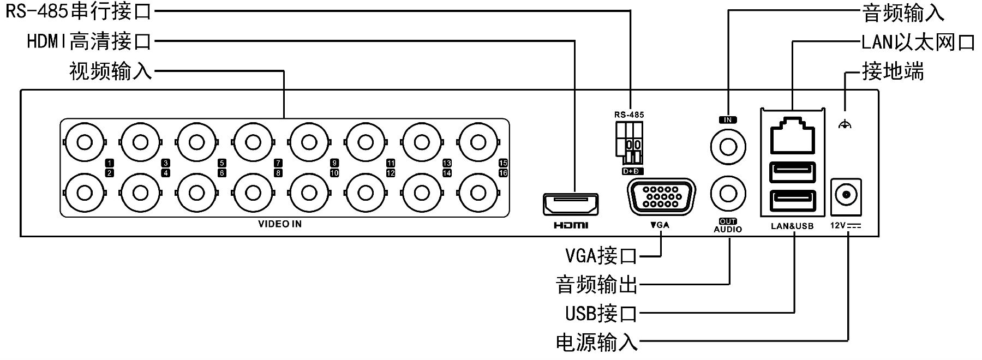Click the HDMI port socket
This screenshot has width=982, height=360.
[x=571, y=205]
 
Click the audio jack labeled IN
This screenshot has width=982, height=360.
[x=728, y=146]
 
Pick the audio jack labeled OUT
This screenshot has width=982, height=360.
[x=728, y=193]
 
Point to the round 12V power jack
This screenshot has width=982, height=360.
[x=846, y=194]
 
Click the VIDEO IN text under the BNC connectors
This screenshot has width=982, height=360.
[x=280, y=224]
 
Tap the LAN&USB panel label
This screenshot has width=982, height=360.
[x=792, y=226]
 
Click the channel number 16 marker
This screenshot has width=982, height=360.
[x=503, y=173]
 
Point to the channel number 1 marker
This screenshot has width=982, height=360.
[x=110, y=163]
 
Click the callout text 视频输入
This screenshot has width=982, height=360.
[x=111, y=71]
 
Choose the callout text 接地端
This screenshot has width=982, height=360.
[x=893, y=71]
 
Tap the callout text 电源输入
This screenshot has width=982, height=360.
[x=596, y=343]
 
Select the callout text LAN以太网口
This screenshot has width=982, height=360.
[x=918, y=42]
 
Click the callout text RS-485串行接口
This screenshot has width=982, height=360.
[x=79, y=11]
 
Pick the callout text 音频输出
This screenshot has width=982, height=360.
[x=596, y=284]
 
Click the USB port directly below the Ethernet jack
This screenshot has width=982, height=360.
[x=792, y=173]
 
